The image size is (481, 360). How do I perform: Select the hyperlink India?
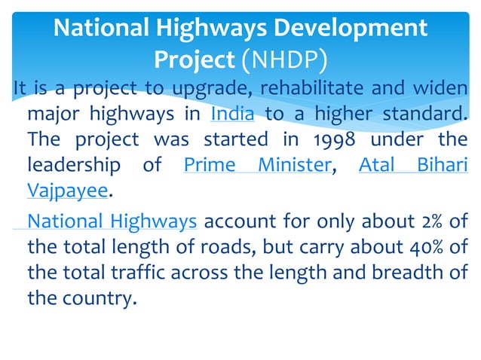tap(232, 114)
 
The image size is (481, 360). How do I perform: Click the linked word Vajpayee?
tap(67, 191)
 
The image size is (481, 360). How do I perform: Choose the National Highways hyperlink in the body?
tap(112, 221)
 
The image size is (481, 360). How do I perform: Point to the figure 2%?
tap(425, 221)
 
